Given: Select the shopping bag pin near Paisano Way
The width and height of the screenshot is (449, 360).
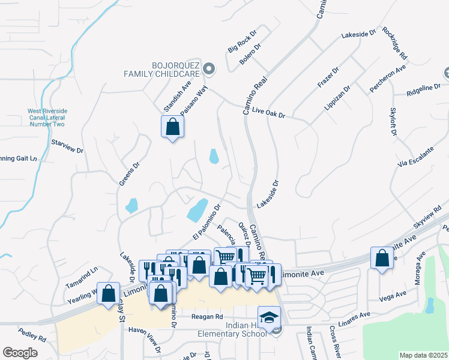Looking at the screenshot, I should coord(172,127).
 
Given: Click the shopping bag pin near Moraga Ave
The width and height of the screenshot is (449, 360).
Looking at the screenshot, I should coord(382,259).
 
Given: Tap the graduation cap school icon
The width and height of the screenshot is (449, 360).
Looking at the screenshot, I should coord(269,317).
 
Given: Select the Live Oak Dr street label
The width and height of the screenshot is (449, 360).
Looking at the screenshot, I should coord(268,112).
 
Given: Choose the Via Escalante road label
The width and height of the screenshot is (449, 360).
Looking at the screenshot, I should coord(415,157).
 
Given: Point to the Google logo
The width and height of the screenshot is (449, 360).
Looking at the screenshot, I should coord(20,352).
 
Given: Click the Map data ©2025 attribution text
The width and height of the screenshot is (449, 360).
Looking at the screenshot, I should coord(423,355).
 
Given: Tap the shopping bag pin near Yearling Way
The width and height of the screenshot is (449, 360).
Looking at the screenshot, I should coord(108,294).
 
